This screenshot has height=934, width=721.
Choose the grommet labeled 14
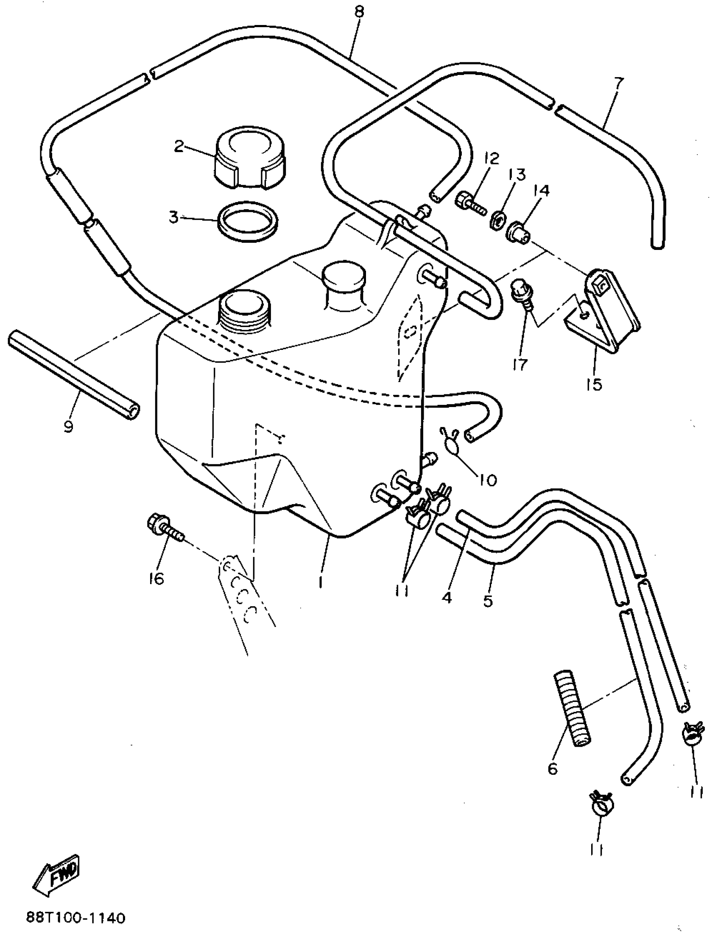[x=517, y=231]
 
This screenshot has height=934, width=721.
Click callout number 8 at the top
[x=359, y=11]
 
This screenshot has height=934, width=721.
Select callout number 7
[x=618, y=83]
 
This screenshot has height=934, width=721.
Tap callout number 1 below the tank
[x=321, y=582]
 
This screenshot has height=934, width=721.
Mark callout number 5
[x=487, y=601]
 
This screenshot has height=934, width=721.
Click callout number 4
[x=446, y=596]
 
